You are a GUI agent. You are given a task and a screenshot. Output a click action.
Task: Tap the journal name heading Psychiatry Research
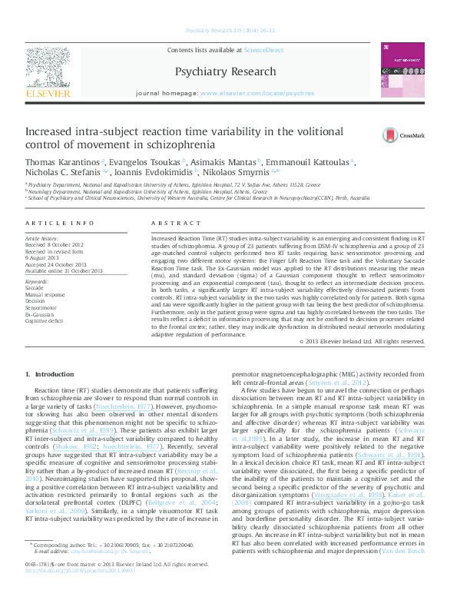point(225,72)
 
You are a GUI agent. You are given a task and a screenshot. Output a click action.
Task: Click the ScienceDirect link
point(263,49)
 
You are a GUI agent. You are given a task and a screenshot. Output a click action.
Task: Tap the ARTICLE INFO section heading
point(60,223)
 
